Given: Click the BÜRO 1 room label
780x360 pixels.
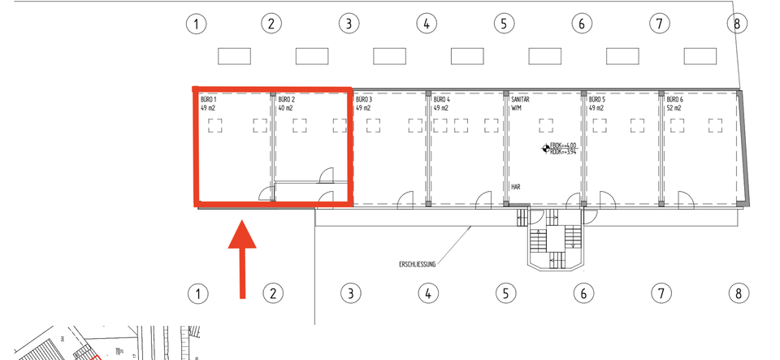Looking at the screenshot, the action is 208,99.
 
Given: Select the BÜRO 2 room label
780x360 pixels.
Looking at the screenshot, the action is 286,99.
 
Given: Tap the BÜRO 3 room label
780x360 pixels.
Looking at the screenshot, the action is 363,99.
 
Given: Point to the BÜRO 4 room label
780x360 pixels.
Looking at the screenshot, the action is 442,99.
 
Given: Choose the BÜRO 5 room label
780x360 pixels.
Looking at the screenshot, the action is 597,99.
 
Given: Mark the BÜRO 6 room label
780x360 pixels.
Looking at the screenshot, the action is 675,99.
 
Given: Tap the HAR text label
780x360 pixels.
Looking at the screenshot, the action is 515,186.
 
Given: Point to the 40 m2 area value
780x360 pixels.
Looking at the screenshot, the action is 285,108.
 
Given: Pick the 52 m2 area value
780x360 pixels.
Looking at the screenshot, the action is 674,108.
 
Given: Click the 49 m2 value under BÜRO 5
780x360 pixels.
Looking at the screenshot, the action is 596,108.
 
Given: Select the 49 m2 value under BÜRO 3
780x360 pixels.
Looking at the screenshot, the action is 362,108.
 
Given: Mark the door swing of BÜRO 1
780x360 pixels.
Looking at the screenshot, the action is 266,193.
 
